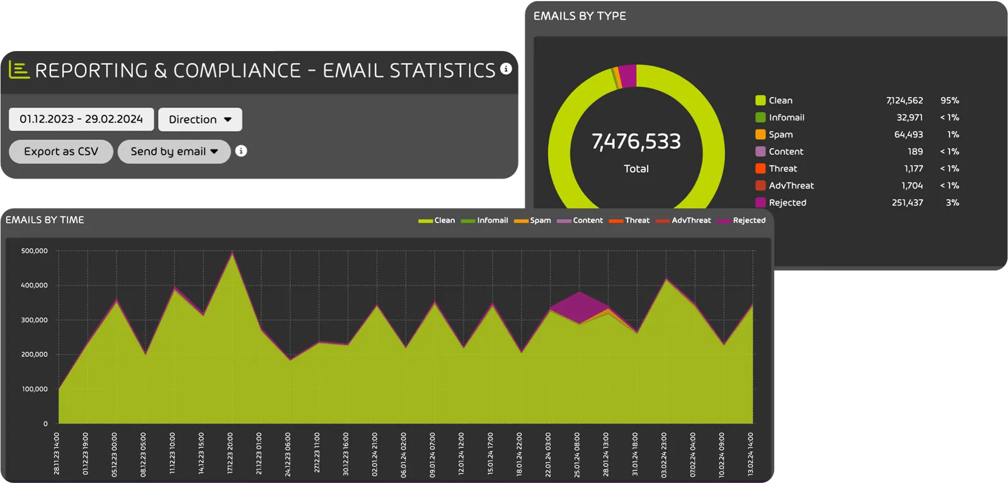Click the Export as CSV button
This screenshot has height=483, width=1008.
click(61, 151)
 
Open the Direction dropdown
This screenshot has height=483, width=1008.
click(200, 119)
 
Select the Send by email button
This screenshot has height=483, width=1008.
click(174, 151)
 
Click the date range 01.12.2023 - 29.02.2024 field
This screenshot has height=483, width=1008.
click(81, 119)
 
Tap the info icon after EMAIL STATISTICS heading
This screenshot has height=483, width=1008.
click(506, 69)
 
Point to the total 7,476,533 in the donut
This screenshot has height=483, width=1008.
click(636, 141)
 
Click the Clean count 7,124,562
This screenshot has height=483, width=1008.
click(904, 100)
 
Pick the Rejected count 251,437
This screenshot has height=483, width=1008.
click(907, 202)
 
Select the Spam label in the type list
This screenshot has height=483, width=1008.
click(781, 134)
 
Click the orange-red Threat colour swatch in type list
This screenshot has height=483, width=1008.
click(760, 168)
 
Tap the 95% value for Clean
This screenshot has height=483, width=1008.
click(949, 100)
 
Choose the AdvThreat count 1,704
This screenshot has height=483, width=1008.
click(912, 185)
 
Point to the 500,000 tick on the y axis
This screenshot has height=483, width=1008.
click(35, 251)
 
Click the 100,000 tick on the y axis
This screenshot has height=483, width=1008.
click(35, 389)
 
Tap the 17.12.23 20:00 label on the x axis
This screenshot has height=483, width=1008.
click(230, 453)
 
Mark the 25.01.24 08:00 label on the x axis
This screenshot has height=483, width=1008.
click(577, 454)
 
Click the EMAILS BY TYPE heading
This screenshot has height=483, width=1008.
click(580, 16)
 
